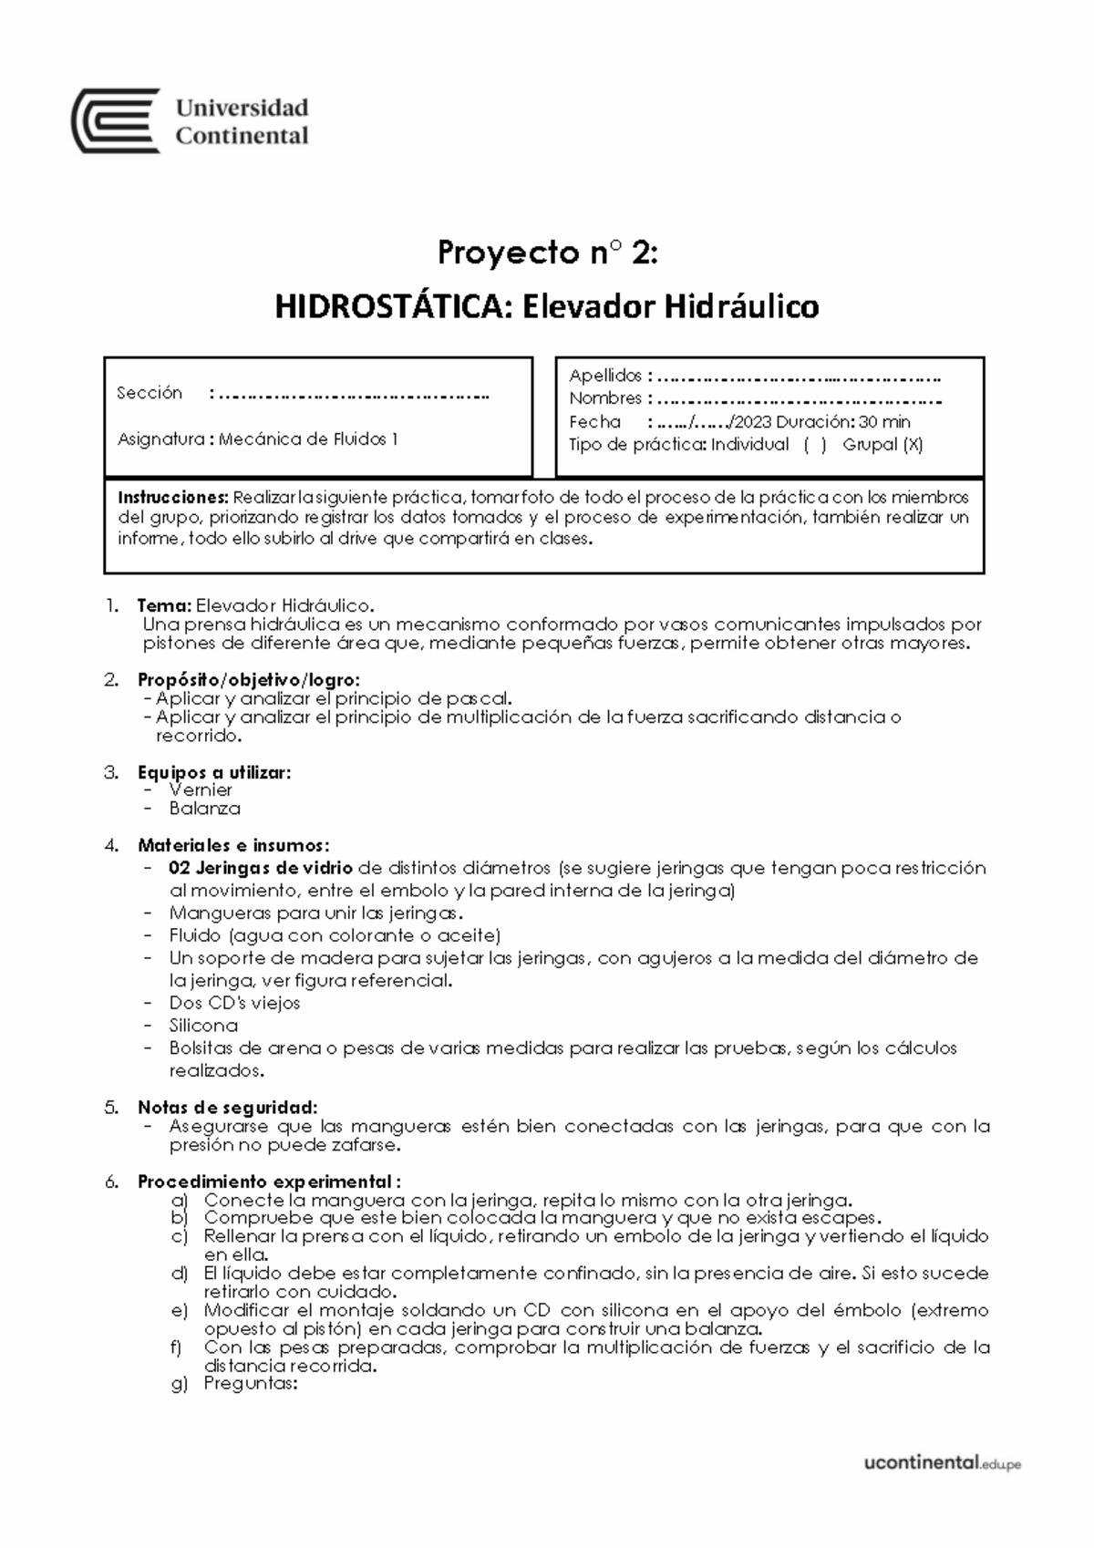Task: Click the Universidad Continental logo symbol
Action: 116,120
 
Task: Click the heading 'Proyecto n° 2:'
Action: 546,253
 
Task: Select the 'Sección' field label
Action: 150,393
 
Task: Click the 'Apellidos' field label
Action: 605,376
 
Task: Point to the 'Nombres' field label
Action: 605,398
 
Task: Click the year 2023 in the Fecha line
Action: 752,422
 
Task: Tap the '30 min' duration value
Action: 884,422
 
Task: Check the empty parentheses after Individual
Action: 815,445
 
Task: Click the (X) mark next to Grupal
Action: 913,445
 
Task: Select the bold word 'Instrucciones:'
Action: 173,498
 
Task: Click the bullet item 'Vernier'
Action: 201,790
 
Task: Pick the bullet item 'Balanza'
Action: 204,809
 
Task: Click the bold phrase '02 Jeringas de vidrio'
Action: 261,868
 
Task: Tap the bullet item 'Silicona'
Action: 203,1026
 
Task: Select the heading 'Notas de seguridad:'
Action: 227,1108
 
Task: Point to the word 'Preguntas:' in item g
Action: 251,1384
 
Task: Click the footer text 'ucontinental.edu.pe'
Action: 942,1463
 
